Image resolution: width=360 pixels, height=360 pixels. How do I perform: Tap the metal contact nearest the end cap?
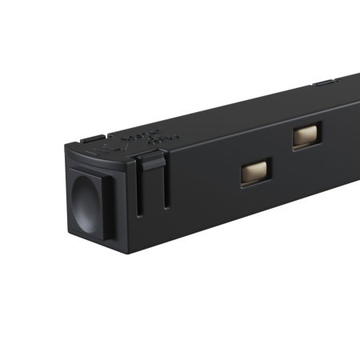point(256,170)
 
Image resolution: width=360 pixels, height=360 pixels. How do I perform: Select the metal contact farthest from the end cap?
point(306,135)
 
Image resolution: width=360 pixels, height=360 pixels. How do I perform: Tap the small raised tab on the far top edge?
point(323,82)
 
